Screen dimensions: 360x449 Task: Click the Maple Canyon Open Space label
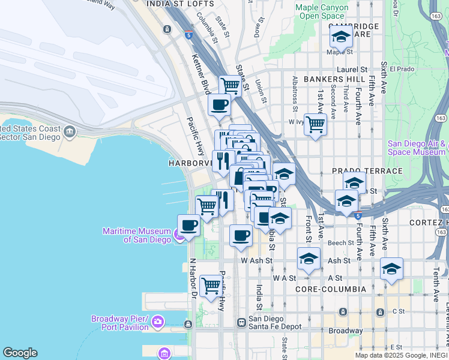pos(322,11)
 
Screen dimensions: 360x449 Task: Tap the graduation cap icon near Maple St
pos(341,38)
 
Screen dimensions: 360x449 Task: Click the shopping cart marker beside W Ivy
pos(315,125)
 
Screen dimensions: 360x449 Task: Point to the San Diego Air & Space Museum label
pos(417,148)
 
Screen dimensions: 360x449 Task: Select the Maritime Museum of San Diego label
pos(137,235)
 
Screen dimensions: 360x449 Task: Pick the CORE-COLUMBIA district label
pos(331,289)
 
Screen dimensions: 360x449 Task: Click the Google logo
pos(20,353)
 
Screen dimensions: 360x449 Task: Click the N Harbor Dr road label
pos(193,278)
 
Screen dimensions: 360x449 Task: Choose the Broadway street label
pos(345,331)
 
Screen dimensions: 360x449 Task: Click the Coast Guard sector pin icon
pos(70,131)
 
